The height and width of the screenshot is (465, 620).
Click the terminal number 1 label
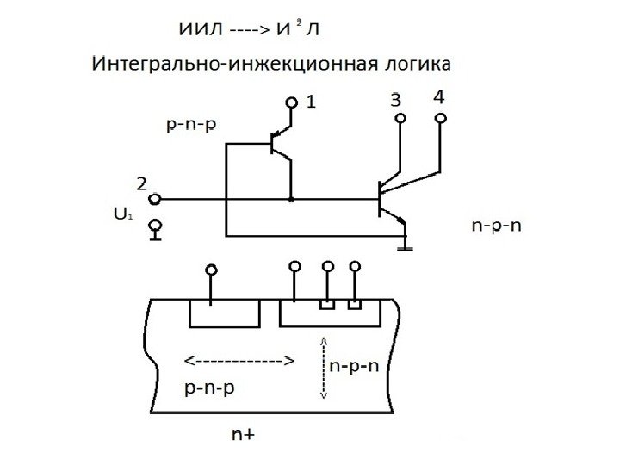[311, 102]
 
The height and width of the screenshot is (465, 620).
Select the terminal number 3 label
[395, 100]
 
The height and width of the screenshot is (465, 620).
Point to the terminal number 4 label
[439, 97]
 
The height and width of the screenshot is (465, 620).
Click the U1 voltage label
[123, 212]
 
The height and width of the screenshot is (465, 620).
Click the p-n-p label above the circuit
[189, 125]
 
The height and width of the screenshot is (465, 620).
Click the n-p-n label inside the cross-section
[354, 364]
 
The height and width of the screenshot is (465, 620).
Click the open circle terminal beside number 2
[155, 199]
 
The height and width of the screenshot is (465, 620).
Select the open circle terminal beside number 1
[292, 103]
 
